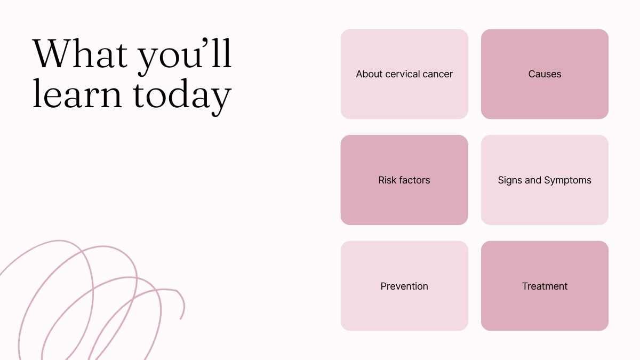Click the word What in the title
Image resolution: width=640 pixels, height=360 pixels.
click(x=80, y=53)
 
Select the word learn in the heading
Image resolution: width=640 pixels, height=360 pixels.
click(x=77, y=93)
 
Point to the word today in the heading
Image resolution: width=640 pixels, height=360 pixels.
click(x=182, y=97)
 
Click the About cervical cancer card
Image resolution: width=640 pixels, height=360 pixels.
click(x=404, y=74)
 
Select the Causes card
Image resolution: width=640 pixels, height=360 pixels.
click(x=545, y=74)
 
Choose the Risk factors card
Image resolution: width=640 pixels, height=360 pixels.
click(x=404, y=180)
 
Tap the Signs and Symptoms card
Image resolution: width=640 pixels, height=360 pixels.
click(x=545, y=180)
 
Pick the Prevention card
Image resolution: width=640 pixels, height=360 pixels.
click(x=404, y=286)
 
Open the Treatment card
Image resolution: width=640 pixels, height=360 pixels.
click(x=545, y=286)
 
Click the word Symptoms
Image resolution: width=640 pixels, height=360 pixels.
click(x=567, y=181)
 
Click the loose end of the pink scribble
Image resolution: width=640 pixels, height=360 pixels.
click(x=181, y=318)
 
